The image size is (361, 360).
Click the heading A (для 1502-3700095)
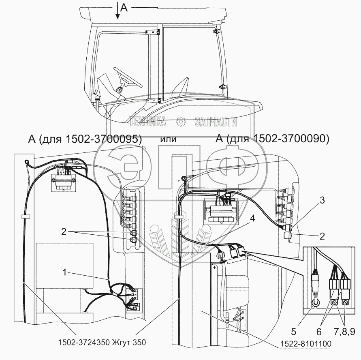85,139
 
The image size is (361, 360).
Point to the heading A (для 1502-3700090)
273,139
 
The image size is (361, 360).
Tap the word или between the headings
168,140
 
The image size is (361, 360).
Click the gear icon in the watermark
181,121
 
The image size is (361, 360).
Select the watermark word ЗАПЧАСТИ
216,121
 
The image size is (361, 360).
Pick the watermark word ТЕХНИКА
147,121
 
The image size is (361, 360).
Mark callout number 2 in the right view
322,236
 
